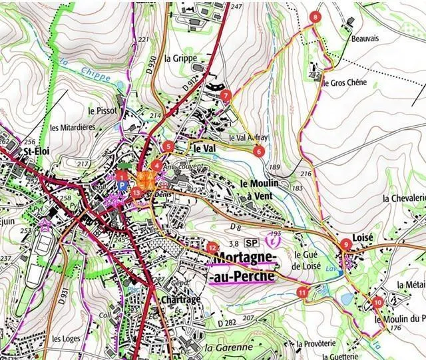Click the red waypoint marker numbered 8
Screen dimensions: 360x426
[x=315, y=17]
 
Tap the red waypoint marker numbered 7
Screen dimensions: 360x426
[x=226, y=95]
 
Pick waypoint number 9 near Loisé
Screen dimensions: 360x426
[x=345, y=245]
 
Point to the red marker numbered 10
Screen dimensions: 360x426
[x=378, y=302]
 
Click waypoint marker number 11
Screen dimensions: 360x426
[x=303, y=292]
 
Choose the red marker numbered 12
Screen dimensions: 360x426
[x=212, y=247]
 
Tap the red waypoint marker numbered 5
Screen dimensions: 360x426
[x=168, y=146]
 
